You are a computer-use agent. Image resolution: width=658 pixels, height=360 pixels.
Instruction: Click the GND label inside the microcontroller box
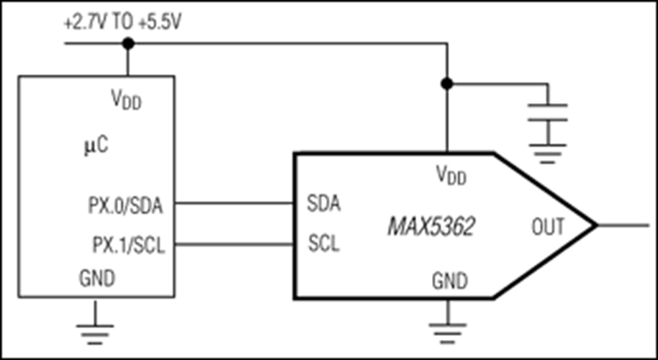coord(96,278)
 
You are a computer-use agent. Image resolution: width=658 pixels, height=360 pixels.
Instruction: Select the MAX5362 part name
coord(431,228)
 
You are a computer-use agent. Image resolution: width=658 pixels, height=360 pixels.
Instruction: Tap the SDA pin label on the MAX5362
coord(323,204)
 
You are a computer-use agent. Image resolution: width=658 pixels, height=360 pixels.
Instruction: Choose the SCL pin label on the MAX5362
coord(323,243)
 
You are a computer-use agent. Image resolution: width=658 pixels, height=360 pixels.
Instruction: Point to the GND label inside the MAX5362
coord(449,279)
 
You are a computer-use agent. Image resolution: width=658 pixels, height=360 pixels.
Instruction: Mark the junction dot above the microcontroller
coord(128,44)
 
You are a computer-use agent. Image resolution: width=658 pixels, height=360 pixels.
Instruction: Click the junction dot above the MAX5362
coord(447,84)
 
